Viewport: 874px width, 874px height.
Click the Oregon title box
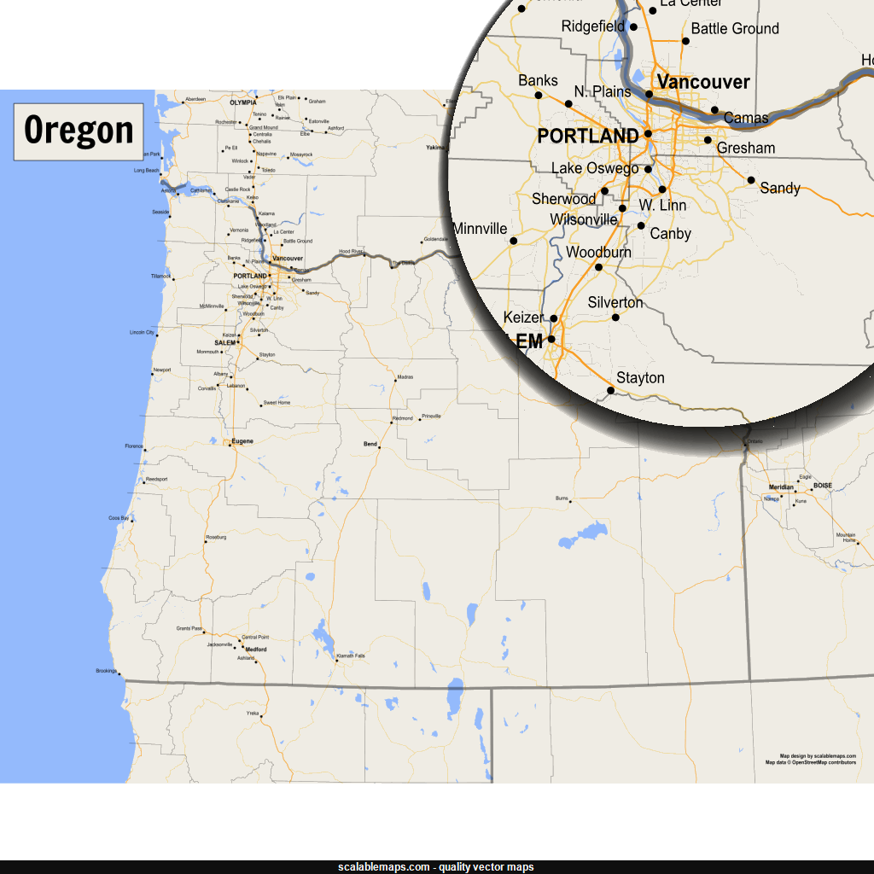point(79,131)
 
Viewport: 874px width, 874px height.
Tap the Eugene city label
point(243,440)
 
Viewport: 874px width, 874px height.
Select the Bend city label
point(370,444)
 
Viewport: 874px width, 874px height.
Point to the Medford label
point(256,650)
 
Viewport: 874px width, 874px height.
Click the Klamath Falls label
point(351,655)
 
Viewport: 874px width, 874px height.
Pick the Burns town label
point(562,498)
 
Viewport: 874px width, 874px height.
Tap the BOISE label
point(822,486)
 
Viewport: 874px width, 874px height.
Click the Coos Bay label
point(119,518)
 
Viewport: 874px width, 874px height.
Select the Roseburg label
point(215,537)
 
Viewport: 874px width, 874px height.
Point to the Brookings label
point(106,671)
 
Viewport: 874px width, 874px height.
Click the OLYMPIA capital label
point(243,102)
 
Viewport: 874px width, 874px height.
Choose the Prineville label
point(431,417)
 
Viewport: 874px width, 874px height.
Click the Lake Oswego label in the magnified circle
point(595,168)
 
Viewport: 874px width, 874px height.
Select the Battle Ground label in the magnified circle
point(735,29)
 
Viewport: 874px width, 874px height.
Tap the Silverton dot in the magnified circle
point(615,318)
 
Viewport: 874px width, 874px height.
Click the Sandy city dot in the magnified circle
point(751,180)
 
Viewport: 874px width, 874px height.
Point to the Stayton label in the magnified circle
point(640,378)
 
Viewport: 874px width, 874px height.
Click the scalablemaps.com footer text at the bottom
point(436,867)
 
